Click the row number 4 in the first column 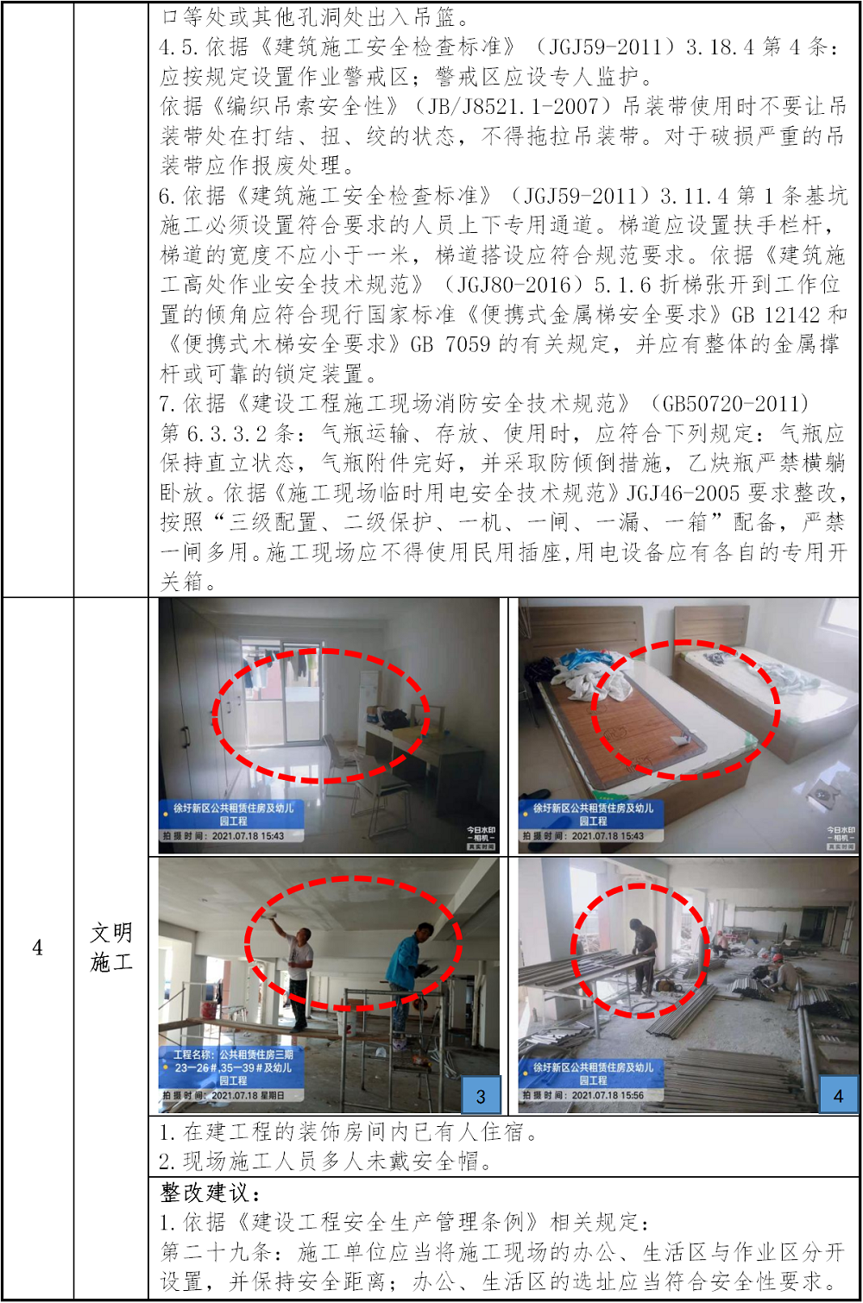pos(37,947)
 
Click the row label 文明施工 pos(111,947)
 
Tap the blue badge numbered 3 pos(481,1096)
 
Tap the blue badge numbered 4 pos(839,1096)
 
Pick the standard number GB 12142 pos(775,314)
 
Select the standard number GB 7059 pos(450,343)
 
